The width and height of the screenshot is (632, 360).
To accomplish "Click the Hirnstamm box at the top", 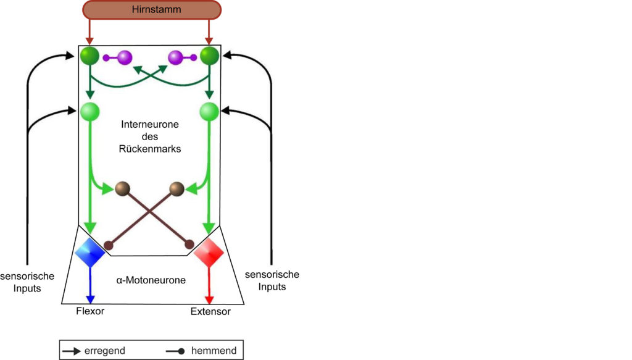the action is pyautogui.click(x=152, y=10).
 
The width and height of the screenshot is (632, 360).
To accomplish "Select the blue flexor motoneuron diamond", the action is pyautogui.click(x=90, y=253).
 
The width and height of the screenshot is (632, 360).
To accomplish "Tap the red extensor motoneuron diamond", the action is pyautogui.click(x=209, y=253).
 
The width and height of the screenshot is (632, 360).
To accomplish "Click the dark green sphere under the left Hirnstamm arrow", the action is pyautogui.click(x=89, y=56).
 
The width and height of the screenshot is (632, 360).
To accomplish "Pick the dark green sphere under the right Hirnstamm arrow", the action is pyautogui.click(x=209, y=56).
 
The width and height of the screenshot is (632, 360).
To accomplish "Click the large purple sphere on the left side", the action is pyautogui.click(x=125, y=57).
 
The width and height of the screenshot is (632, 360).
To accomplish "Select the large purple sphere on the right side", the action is pyautogui.click(x=175, y=57).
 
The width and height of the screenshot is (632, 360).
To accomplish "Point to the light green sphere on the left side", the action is pyautogui.click(x=89, y=112).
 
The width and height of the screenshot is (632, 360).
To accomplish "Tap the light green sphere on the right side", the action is pyautogui.click(x=209, y=112).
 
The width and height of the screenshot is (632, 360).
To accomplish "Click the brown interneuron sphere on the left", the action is pyautogui.click(x=123, y=189).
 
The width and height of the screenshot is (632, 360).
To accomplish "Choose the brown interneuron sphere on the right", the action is pyautogui.click(x=177, y=189).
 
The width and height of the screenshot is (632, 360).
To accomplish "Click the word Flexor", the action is pyautogui.click(x=90, y=311).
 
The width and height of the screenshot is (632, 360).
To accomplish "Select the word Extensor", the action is pyautogui.click(x=210, y=311).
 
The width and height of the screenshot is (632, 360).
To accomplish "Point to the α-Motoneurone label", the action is pyautogui.click(x=151, y=280).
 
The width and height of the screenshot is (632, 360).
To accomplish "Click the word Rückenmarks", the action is pyautogui.click(x=150, y=149).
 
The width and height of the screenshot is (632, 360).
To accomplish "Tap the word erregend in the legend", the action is pyautogui.click(x=105, y=351).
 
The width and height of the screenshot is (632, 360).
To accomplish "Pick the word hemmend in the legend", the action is pyautogui.click(x=214, y=350).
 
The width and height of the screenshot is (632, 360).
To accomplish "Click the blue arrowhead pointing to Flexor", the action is pyautogui.click(x=90, y=299).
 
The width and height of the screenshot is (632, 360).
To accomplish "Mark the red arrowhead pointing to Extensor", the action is pyautogui.click(x=209, y=299).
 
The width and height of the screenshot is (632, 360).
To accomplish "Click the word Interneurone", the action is pyautogui.click(x=150, y=124).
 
